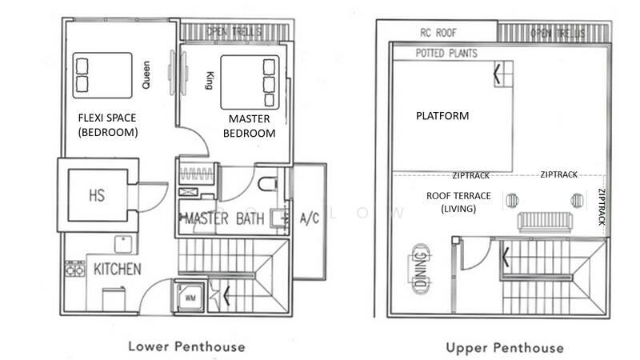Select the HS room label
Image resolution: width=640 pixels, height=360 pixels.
[96, 194]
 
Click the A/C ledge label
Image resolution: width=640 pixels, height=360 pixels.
[310, 218]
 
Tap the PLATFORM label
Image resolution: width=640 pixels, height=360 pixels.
[442, 116]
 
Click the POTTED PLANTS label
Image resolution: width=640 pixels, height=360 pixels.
[446, 54]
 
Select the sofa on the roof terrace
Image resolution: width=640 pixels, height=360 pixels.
[543, 221]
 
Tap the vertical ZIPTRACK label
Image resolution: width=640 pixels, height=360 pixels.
[602, 207]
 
